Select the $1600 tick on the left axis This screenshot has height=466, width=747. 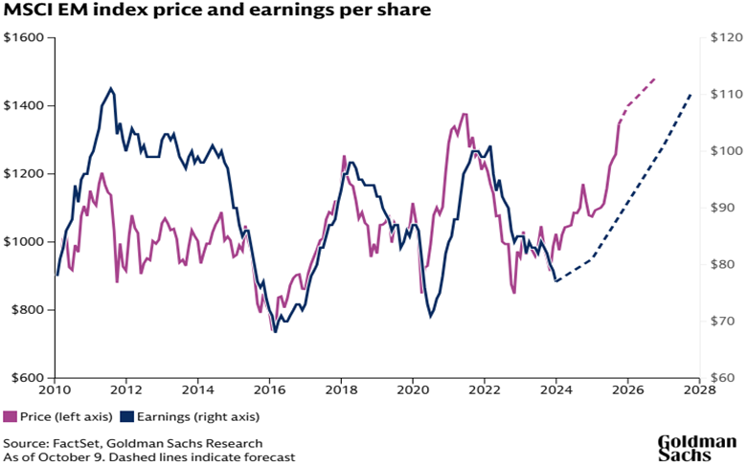pos(24,38)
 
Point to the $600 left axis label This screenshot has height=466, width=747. pos(27,378)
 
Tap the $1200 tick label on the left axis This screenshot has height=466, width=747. pos(24,174)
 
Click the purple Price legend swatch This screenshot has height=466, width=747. pos(11,416)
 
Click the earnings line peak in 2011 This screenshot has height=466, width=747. pos(111,88)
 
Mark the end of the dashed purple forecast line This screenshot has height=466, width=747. pos(656,78)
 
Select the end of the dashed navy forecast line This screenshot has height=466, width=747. pos(691,95)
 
